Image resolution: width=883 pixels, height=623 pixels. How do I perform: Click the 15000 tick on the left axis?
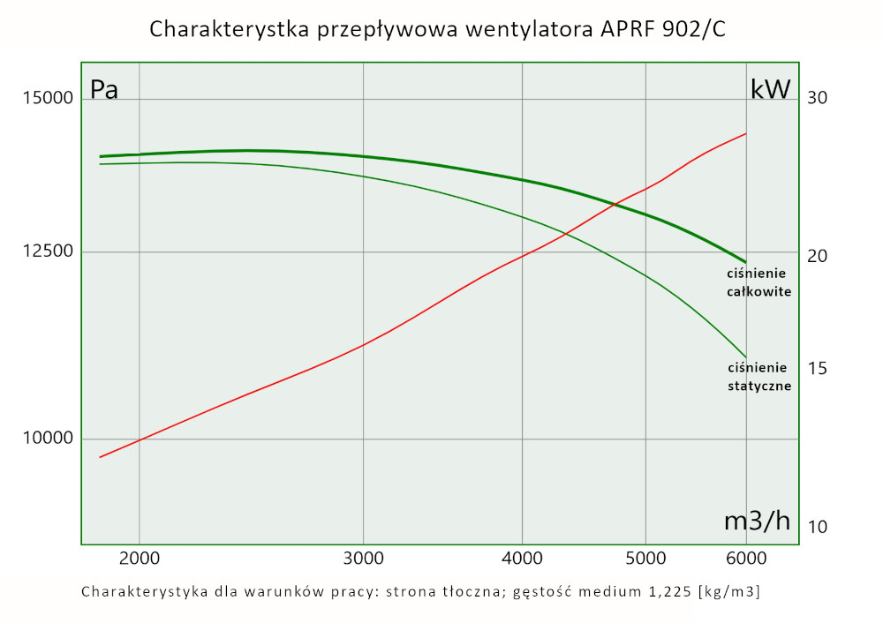click(46, 98)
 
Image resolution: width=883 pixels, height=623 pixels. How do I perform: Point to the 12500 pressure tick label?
click(46, 252)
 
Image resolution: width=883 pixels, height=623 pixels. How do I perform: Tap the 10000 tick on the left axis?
click(46, 439)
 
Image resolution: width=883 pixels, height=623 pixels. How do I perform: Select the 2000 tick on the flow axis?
click(139, 559)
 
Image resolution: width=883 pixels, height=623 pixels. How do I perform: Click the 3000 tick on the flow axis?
click(364, 559)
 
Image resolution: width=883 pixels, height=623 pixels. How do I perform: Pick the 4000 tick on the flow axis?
click(523, 559)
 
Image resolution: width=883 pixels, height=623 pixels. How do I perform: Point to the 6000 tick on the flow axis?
click(746, 559)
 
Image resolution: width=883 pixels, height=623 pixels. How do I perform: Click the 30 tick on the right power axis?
click(818, 97)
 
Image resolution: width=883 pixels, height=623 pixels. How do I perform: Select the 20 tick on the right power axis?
click(818, 256)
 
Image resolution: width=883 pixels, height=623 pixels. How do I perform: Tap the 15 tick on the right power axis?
click(818, 368)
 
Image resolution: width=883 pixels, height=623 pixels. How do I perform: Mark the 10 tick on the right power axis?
click(818, 527)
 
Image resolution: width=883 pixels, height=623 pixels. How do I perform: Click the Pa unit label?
click(104, 90)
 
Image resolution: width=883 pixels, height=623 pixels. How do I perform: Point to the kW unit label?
click(770, 90)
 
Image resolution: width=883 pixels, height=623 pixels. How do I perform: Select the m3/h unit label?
click(757, 521)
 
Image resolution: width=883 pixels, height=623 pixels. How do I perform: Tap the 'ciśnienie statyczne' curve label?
click(758, 377)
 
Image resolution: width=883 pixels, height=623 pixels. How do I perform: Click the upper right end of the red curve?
click(746, 134)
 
